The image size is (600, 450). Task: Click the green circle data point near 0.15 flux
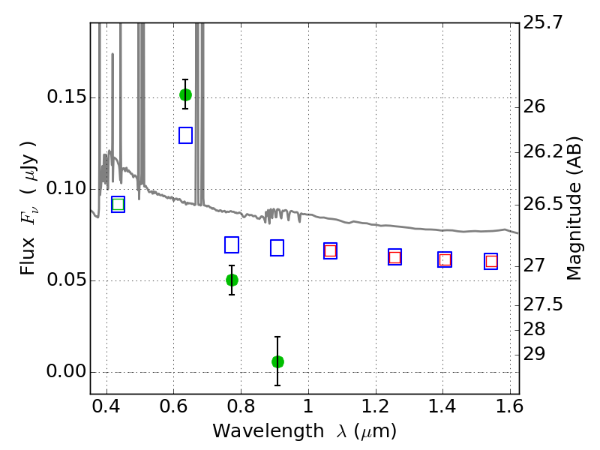pyautogui.click(x=185, y=94)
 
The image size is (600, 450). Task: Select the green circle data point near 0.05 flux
pyautogui.click(x=232, y=280)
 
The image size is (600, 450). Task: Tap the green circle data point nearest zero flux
pyautogui.click(x=277, y=361)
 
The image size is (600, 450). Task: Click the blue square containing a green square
pyautogui.click(x=118, y=204)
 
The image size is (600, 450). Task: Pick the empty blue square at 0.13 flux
pyautogui.click(x=185, y=136)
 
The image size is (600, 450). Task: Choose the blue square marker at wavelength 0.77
pyautogui.click(x=232, y=245)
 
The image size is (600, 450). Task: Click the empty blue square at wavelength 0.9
pyautogui.click(x=277, y=248)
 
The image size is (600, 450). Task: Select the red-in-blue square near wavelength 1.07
pyautogui.click(x=330, y=251)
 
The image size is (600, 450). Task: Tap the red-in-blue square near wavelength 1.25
pyautogui.click(x=395, y=256)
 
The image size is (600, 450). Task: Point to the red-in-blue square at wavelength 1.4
pyautogui.click(x=445, y=259)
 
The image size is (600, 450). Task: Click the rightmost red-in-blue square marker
pyautogui.click(x=491, y=261)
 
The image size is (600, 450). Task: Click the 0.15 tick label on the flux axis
pyautogui.click(x=66, y=97)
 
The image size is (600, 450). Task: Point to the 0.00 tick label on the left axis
pyautogui.click(x=66, y=371)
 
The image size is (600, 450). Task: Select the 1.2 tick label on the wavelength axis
pyautogui.click(x=376, y=406)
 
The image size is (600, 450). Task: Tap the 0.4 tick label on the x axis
pyautogui.click(x=106, y=406)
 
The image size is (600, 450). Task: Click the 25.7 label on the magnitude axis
pyautogui.click(x=543, y=22)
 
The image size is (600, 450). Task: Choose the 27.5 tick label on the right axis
pyautogui.click(x=543, y=304)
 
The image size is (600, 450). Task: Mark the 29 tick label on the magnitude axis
pyautogui.click(x=534, y=354)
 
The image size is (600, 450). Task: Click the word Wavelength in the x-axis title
pyautogui.click(x=268, y=430)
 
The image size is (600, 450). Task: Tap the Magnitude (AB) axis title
pyautogui.click(x=574, y=208)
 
